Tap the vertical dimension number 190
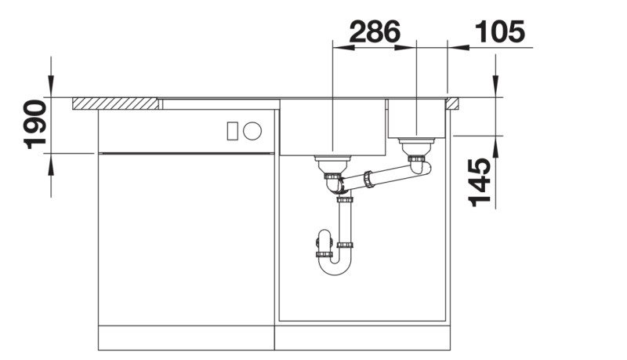click(34, 125)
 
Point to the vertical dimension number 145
click(480, 182)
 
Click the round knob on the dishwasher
click(252, 131)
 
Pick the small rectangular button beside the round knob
click(233, 131)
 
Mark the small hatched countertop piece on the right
click(453, 103)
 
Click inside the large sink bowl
click(333, 125)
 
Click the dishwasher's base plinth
click(186, 339)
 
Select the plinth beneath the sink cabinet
click(364, 339)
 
